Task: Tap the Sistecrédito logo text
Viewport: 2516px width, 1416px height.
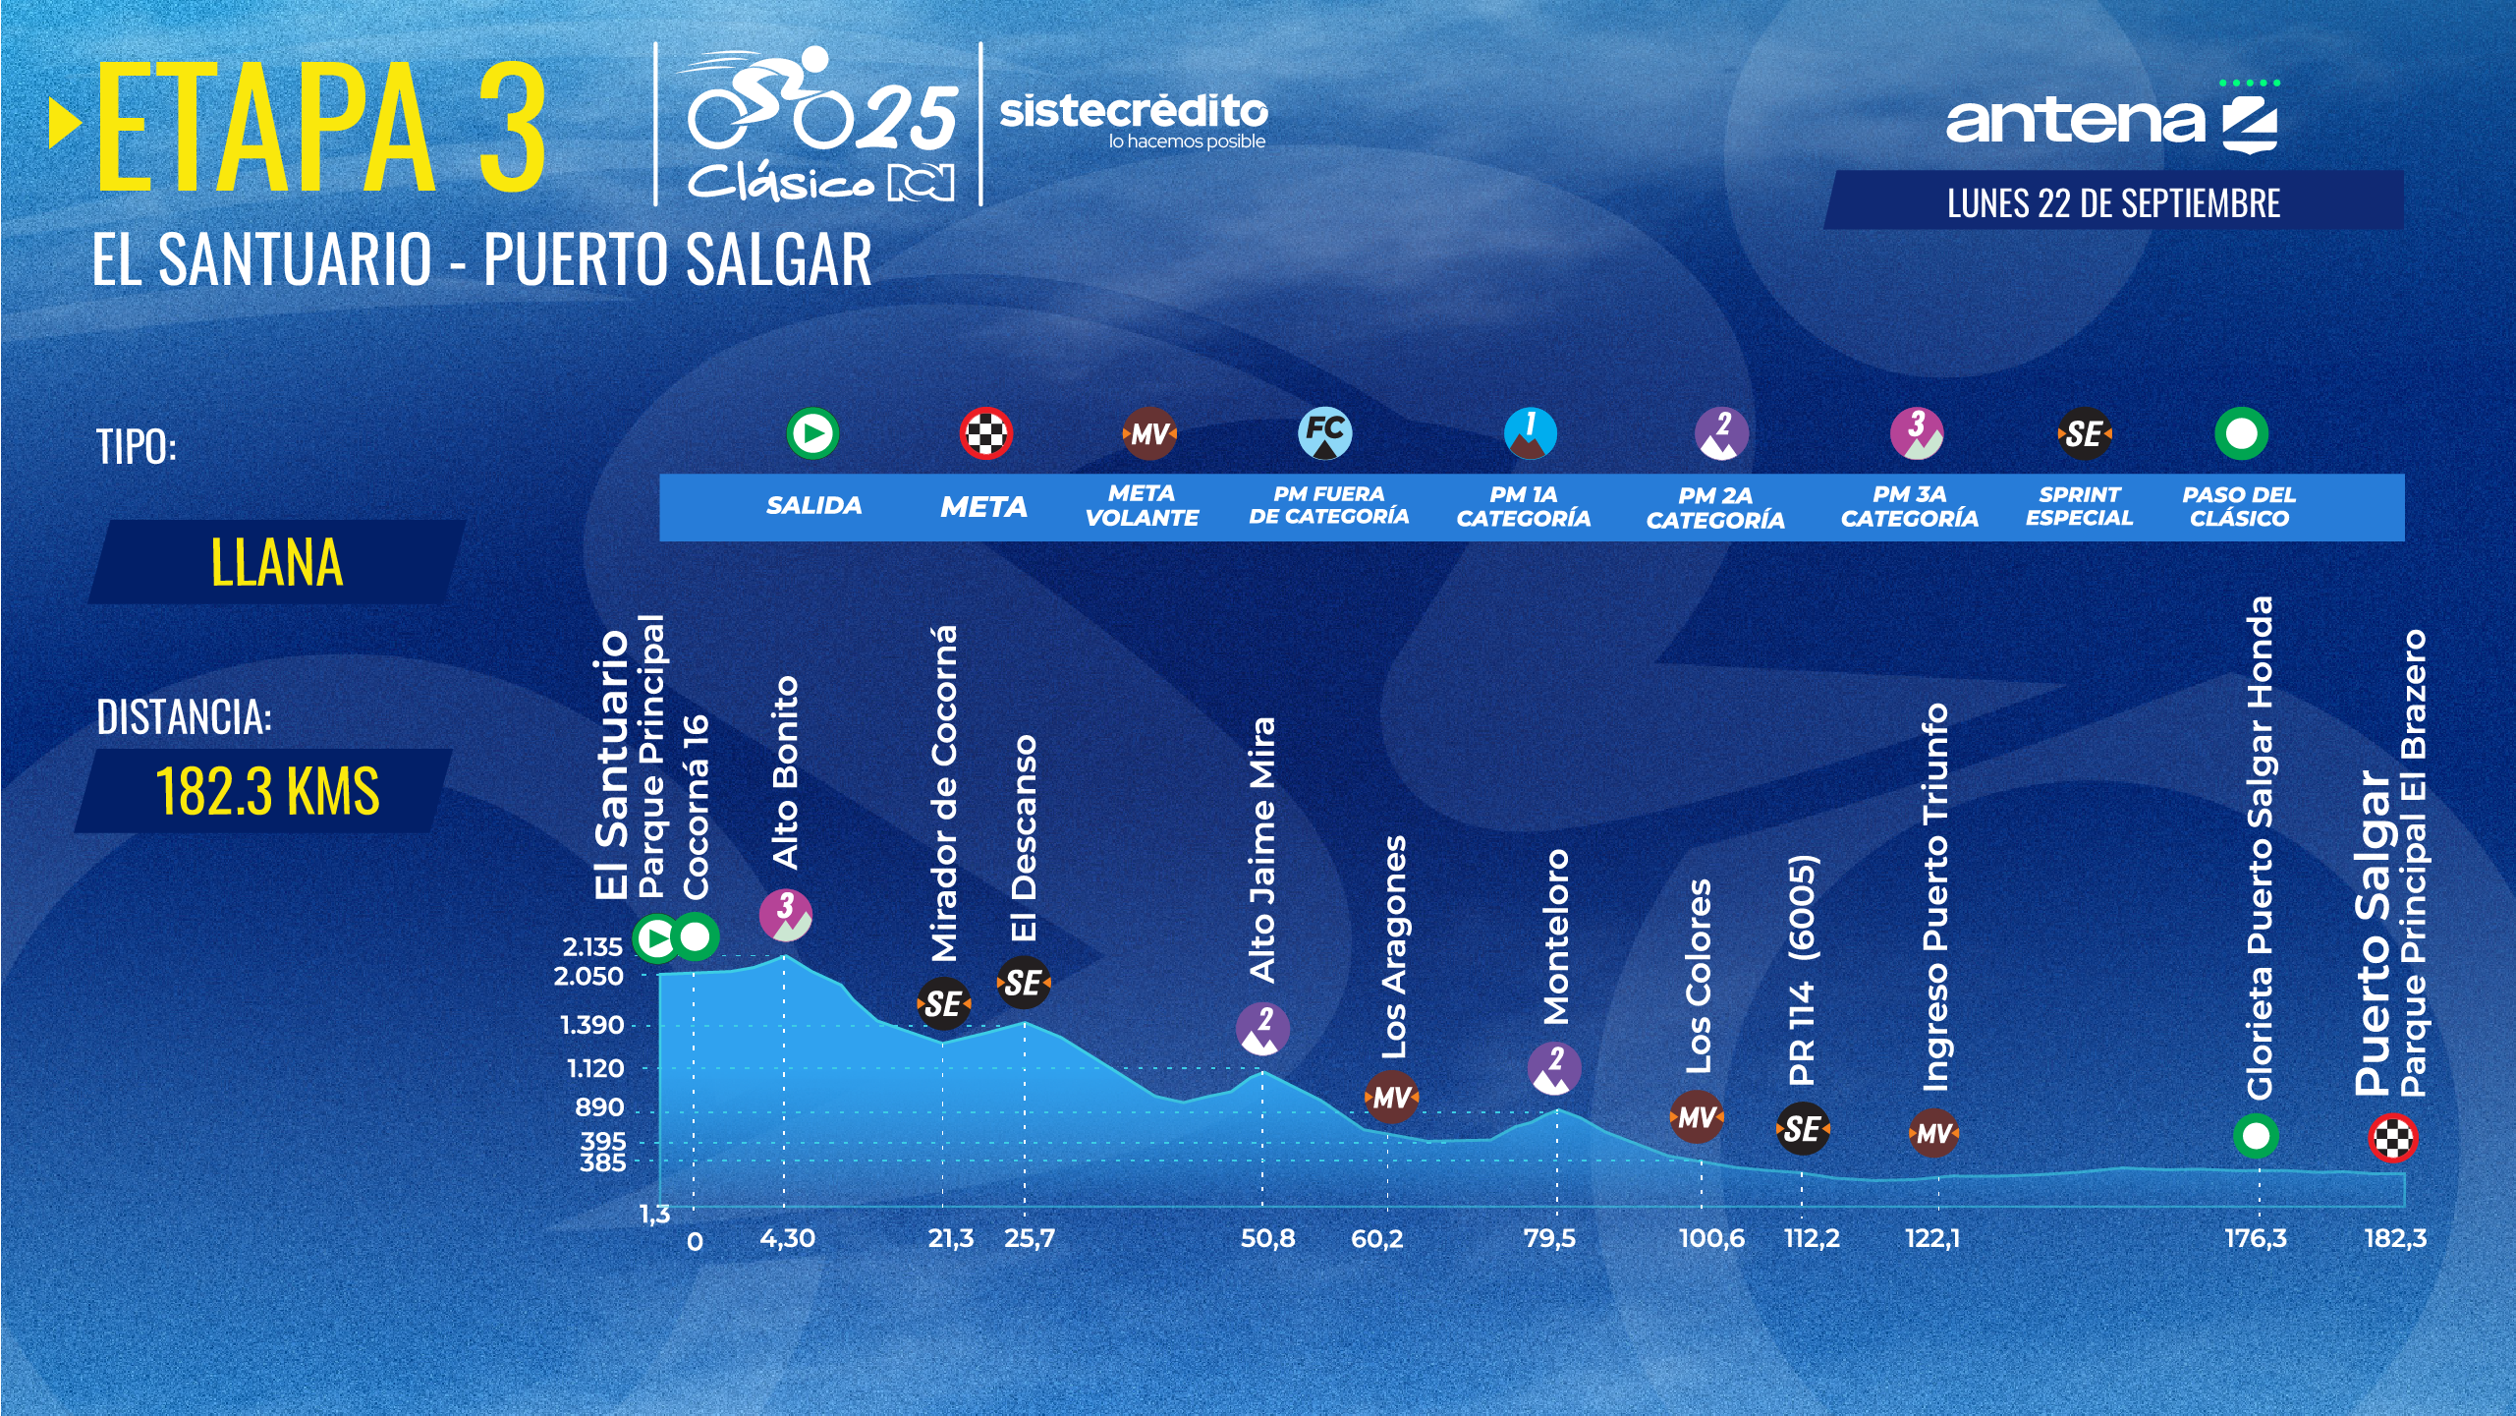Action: click(x=1133, y=113)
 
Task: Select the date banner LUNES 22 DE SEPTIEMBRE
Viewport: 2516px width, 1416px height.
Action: click(x=2113, y=202)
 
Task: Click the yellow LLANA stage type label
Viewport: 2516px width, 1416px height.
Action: click(x=277, y=562)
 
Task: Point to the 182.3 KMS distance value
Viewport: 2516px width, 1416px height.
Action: click(x=267, y=791)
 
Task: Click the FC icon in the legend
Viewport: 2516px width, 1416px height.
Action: click(x=1324, y=433)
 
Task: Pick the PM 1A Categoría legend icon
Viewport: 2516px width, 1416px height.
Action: click(x=1530, y=433)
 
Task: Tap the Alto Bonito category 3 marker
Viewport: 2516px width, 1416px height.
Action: click(x=785, y=915)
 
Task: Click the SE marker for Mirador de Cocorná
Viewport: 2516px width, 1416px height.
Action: click(x=943, y=1003)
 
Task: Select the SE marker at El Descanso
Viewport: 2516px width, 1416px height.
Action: click(x=1023, y=982)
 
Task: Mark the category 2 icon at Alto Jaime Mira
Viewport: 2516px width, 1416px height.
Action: click(x=1262, y=1029)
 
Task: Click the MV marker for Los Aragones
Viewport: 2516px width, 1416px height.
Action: click(x=1391, y=1097)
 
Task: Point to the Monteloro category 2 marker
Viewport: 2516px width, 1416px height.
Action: click(x=1554, y=1068)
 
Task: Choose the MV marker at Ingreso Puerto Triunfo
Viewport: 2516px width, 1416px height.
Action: click(x=1933, y=1133)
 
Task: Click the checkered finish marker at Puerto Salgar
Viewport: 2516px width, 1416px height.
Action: click(x=2392, y=1139)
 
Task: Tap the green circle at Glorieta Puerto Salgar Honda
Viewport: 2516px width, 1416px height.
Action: click(x=2256, y=1136)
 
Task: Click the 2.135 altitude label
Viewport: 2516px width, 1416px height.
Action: click(x=592, y=946)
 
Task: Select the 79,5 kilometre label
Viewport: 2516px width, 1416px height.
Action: click(x=1549, y=1238)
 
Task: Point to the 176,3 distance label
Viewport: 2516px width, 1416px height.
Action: click(x=2255, y=1238)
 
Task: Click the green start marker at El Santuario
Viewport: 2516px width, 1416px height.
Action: click(x=655, y=937)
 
